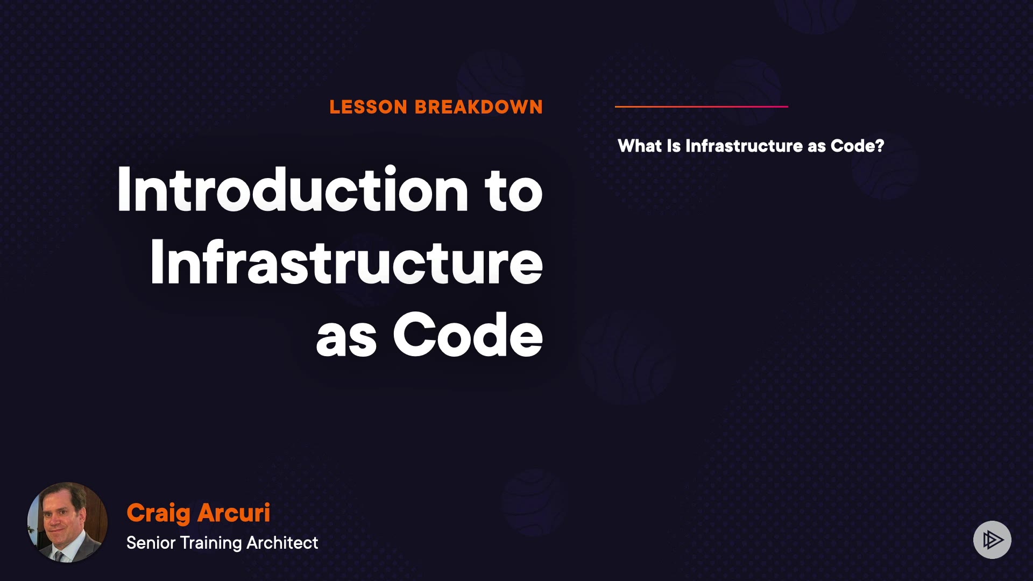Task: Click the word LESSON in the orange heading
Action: [x=369, y=107]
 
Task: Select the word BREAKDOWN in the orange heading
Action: [x=479, y=107]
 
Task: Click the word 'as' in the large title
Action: [x=346, y=339]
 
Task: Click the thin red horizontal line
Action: [x=702, y=107]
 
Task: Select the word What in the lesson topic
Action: [x=640, y=146]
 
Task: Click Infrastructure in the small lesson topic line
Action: [x=744, y=146]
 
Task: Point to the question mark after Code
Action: [x=880, y=146]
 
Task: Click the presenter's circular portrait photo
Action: [x=67, y=522]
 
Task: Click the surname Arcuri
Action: [x=234, y=513]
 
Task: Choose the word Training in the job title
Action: [x=211, y=543]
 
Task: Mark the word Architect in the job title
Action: [x=282, y=543]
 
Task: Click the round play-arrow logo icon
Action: [x=992, y=540]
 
